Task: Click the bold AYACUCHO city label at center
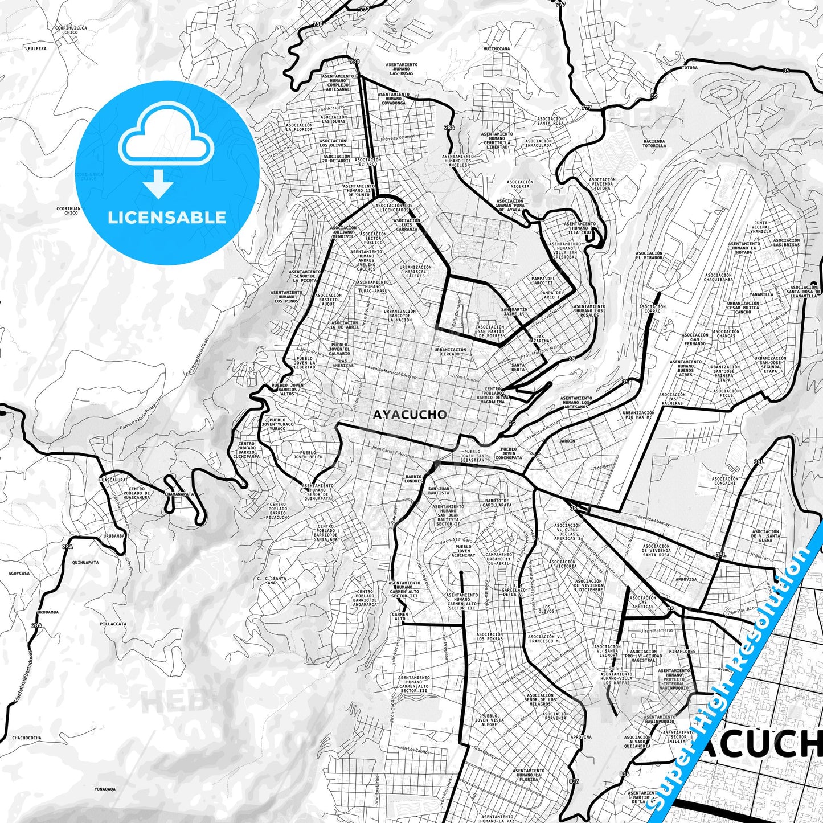point(410,415)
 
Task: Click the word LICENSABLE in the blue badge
point(167,217)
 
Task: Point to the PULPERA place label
point(37,48)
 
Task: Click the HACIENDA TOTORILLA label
point(654,143)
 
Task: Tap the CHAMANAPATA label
point(179,494)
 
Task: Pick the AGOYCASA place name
point(19,574)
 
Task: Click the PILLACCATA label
point(113,624)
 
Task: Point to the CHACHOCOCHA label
point(26,738)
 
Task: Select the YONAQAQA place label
point(105,789)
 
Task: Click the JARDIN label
point(567,441)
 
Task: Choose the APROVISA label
point(686,579)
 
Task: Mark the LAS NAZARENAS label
point(543,338)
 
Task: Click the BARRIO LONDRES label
point(413,479)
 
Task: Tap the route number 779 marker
point(365,9)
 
